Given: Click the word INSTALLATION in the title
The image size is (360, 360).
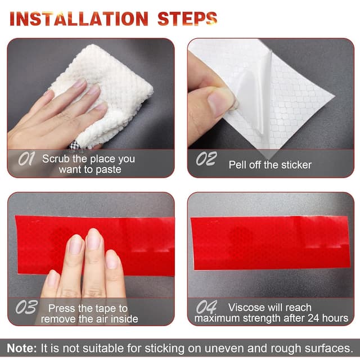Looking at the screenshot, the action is (x=79, y=19).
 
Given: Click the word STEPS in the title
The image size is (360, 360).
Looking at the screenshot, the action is (x=187, y=19).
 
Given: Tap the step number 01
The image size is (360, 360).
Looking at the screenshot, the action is (x=26, y=159).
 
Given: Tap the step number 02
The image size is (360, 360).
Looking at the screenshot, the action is (x=206, y=159).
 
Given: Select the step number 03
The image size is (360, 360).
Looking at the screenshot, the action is (x=26, y=307).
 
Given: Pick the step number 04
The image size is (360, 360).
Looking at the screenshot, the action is (x=206, y=307).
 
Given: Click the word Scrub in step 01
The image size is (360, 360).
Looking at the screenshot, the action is (x=56, y=159).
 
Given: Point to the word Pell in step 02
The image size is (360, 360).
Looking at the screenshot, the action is (x=237, y=165).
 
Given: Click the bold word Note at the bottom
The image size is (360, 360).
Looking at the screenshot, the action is (x=21, y=348).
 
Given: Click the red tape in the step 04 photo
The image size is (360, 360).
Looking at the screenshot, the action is (x=271, y=242).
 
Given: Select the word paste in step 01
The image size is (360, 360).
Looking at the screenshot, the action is (x=109, y=170).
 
